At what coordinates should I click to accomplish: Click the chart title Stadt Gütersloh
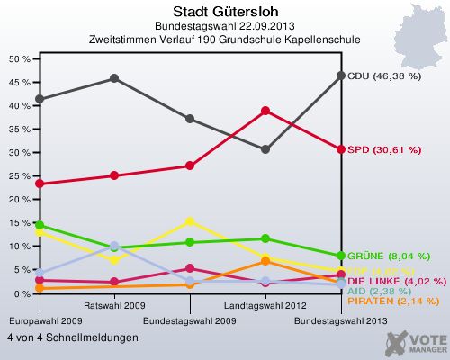point(224,12)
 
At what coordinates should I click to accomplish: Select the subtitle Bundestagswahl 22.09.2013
point(224,27)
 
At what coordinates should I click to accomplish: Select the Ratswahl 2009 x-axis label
point(114,306)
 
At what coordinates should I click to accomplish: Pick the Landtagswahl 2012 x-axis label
point(265,306)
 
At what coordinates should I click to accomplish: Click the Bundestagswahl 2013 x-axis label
point(341,320)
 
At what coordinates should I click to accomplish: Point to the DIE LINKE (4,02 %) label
point(397,281)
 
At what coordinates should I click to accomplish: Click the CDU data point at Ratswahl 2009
point(114,78)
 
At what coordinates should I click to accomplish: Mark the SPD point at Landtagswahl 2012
point(265,111)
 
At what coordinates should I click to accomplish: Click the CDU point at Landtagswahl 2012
point(265,149)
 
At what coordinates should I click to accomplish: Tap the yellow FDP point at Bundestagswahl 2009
point(190,221)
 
